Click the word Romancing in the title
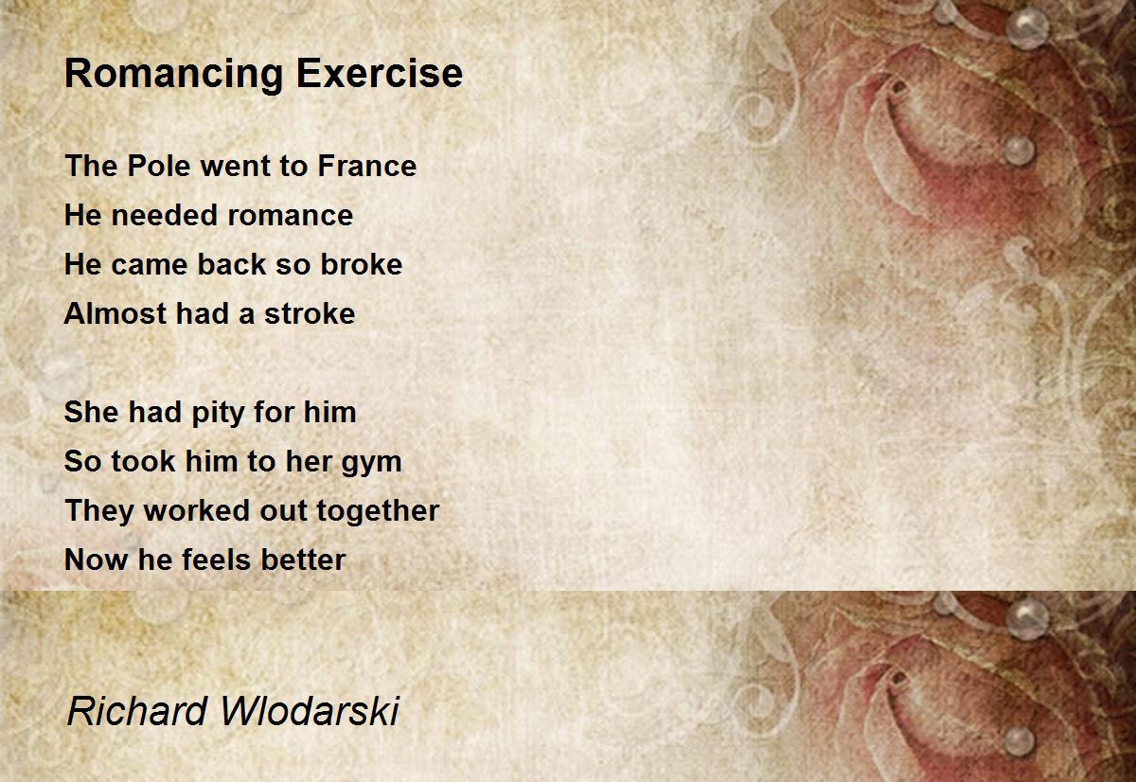pos(174,75)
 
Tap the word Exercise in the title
pos(380,73)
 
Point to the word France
pos(366,166)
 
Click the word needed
pos(165,215)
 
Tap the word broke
pos(362,264)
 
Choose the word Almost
pos(115,313)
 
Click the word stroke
pos(310,313)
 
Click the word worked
pos(196,510)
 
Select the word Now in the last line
pos(96,560)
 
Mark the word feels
pos(217,560)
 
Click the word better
pos(303,560)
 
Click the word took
pos(143,461)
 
